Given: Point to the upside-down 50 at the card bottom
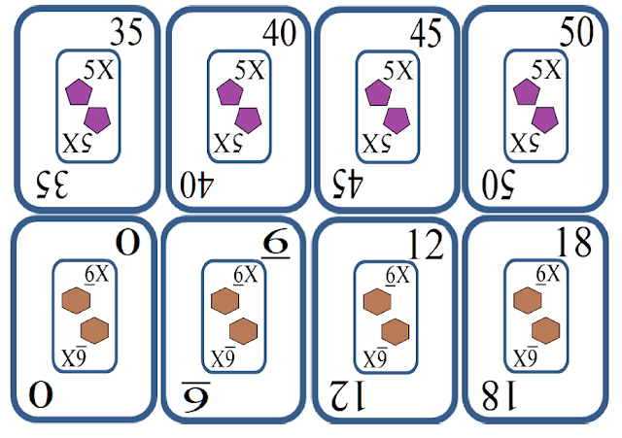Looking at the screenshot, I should click(505, 181).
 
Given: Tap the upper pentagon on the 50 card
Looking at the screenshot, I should click(526, 93).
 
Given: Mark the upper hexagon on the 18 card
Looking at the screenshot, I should click(526, 301).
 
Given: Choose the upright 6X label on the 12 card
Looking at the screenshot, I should click(395, 276).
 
